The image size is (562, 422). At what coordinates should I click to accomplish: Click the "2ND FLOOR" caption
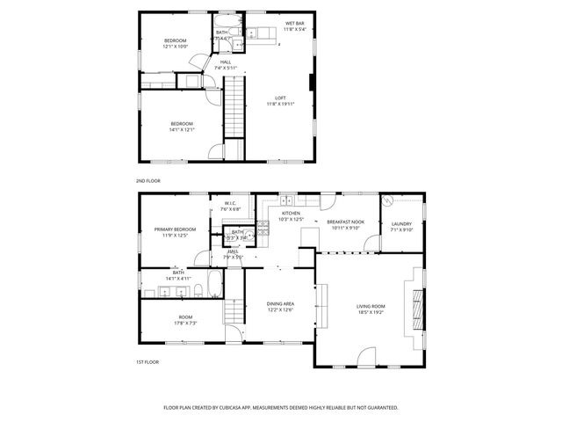[148, 180]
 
